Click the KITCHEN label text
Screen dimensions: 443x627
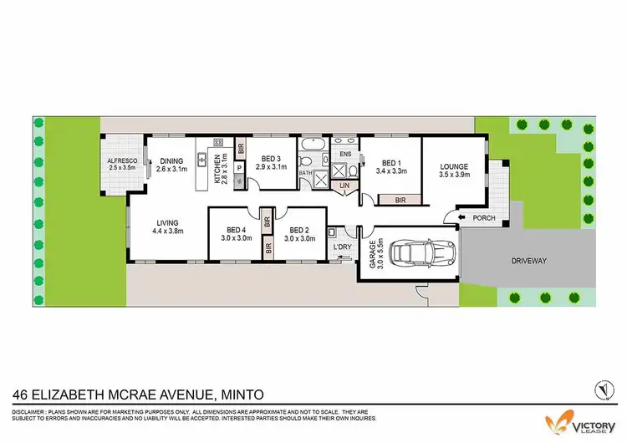(x=219, y=169)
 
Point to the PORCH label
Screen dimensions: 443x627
(x=483, y=219)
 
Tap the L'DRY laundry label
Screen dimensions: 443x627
(x=341, y=247)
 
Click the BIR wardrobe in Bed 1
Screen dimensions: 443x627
(x=400, y=200)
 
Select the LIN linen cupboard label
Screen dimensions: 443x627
(x=344, y=186)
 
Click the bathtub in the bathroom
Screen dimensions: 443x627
(x=315, y=159)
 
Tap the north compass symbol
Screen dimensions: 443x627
(x=599, y=389)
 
